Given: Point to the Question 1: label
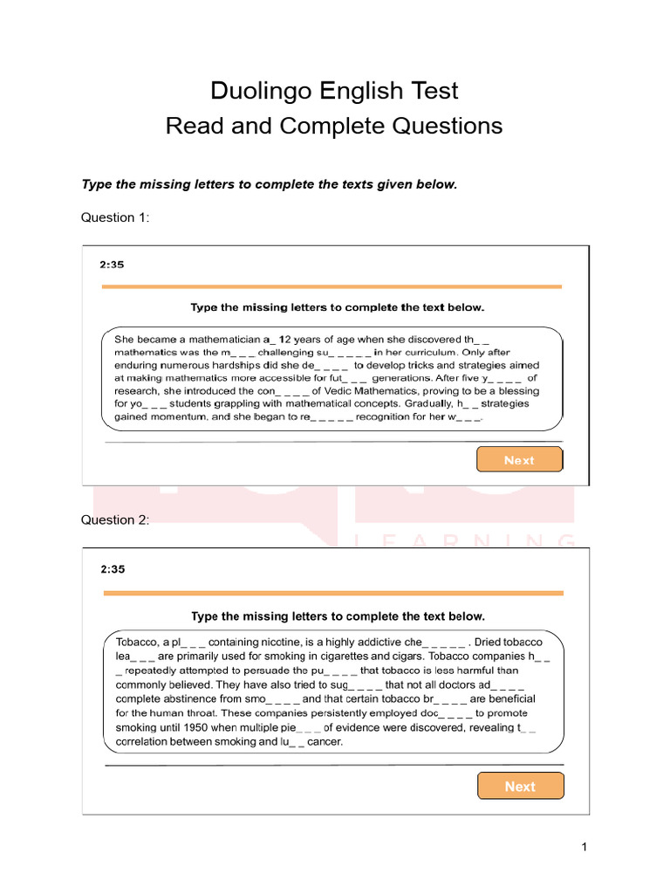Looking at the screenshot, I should (115, 217).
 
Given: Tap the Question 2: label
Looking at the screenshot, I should (115, 520).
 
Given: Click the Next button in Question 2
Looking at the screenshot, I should (520, 786).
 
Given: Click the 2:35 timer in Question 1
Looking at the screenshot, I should (113, 265).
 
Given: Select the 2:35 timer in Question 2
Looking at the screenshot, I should (113, 569).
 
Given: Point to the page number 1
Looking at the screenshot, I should (584, 847).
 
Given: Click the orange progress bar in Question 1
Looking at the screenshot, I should (332, 286).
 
